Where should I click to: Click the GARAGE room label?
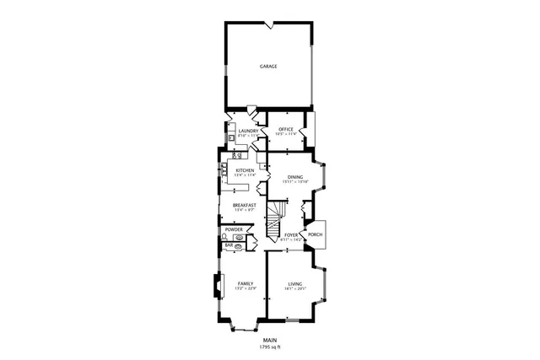click(x=268, y=66)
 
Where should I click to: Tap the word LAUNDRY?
click(x=247, y=131)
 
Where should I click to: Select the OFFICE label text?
click(x=286, y=129)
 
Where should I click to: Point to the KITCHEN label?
click(x=245, y=170)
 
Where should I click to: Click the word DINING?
click(x=295, y=176)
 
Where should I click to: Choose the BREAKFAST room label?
click(x=245, y=205)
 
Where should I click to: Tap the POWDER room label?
click(x=234, y=229)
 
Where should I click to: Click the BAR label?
click(x=228, y=245)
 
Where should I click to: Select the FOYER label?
click(x=291, y=235)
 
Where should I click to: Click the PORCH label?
click(x=315, y=234)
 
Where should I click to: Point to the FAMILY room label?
click(x=245, y=283)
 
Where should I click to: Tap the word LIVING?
click(x=294, y=283)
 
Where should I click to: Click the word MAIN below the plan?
click(x=269, y=341)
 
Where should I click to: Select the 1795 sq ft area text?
click(x=269, y=347)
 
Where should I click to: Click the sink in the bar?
click(x=240, y=247)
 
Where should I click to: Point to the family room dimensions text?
click(x=245, y=289)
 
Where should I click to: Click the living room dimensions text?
click(x=294, y=289)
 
